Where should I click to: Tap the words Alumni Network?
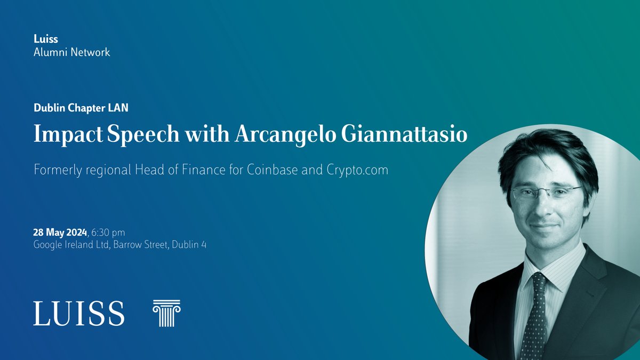(x=71, y=52)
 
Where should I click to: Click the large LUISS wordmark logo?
(x=79, y=313)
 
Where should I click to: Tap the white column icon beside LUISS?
(x=166, y=313)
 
